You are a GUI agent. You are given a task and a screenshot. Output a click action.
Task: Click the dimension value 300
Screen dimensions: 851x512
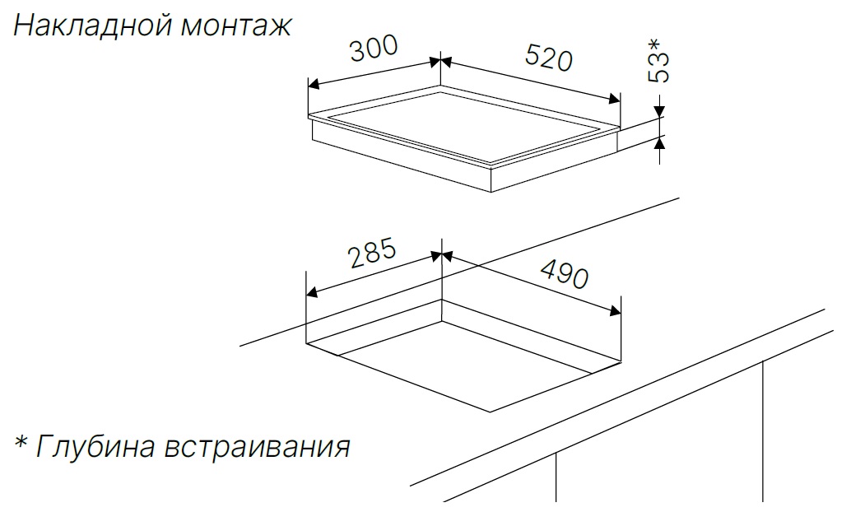(x=374, y=49)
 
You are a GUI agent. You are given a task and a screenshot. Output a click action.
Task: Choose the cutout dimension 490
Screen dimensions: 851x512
(x=565, y=274)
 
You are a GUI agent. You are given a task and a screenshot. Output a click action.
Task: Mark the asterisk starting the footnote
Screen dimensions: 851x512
(x=21, y=442)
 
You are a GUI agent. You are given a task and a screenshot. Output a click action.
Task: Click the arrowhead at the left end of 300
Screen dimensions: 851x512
(x=313, y=85)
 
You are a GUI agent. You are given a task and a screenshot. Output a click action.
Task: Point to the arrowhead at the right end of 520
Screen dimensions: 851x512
(x=615, y=99)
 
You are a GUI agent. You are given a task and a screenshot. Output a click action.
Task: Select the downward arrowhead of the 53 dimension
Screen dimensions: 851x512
(x=659, y=111)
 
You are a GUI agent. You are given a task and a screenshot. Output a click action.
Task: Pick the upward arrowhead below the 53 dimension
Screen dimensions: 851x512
(x=659, y=142)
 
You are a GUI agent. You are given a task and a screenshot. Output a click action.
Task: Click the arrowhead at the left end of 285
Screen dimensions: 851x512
(x=312, y=293)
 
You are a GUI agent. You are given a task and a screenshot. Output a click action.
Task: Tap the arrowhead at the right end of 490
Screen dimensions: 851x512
(x=615, y=311)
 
